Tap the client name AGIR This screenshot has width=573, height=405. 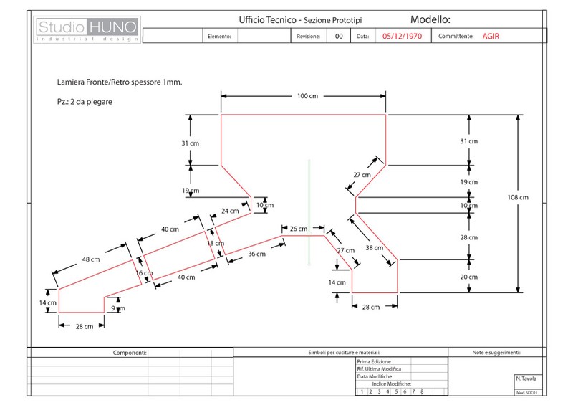(491, 35)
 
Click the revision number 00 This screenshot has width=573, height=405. (339, 35)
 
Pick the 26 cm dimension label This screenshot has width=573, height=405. (298, 229)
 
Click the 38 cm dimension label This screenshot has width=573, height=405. (373, 248)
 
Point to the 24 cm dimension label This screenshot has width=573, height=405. (229, 211)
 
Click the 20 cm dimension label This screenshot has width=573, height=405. (468, 277)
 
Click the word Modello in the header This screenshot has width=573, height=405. (430, 19)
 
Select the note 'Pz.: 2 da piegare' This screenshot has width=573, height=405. (85, 101)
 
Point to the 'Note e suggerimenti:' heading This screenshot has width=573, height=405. (496, 353)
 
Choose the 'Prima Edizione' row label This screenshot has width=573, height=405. (375, 362)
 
